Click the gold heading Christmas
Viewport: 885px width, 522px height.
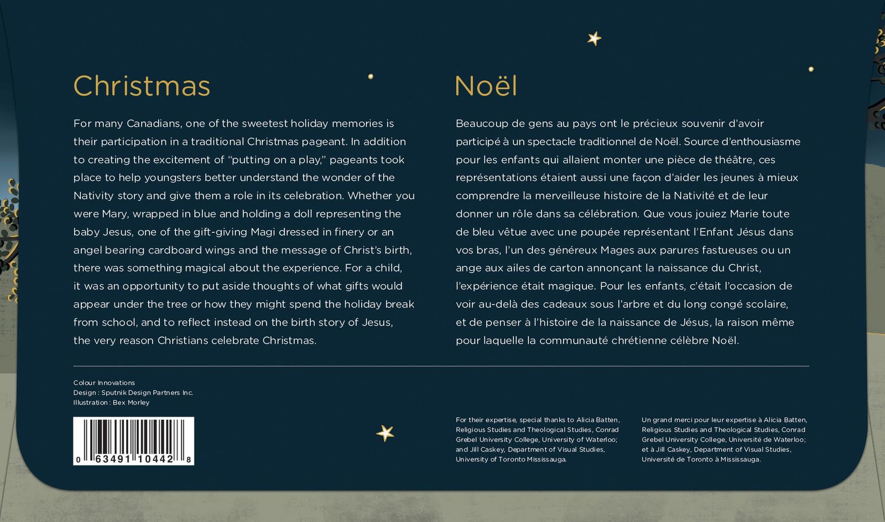pos(142,86)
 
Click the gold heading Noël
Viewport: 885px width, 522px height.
pos(486,86)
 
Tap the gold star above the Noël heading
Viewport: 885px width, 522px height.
pos(594,38)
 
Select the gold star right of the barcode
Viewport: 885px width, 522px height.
pos(385,433)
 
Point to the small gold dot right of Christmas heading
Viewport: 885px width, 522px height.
pos(371,76)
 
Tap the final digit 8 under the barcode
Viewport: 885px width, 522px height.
pos(189,459)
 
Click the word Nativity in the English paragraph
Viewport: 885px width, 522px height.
pos(93,196)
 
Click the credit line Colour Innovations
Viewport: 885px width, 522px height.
pos(104,383)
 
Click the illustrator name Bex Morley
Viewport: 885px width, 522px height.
pos(131,403)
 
